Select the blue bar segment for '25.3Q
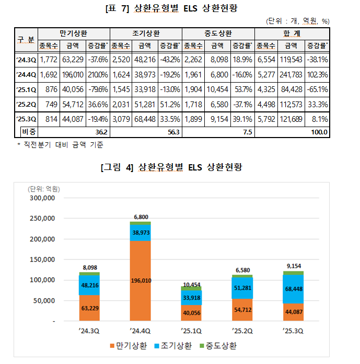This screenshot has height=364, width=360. pos(294,289)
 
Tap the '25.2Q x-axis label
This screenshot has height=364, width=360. pos(241,330)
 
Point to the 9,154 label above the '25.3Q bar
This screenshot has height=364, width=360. pos(294,265)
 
